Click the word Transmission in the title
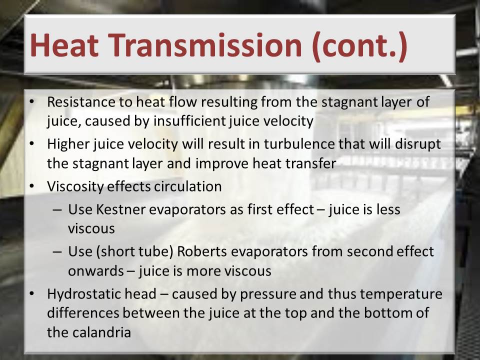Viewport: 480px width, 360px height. pos(205,45)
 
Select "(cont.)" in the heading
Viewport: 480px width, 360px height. pos(359,46)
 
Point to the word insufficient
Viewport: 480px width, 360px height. pos(189,121)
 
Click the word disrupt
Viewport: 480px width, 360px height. pos(418,144)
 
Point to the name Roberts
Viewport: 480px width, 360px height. pos(202,251)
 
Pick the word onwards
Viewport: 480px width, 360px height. pos(96,271)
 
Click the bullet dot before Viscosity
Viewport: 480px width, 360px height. pos(32,186)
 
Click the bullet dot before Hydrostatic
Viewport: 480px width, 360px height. pos(32,293)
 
